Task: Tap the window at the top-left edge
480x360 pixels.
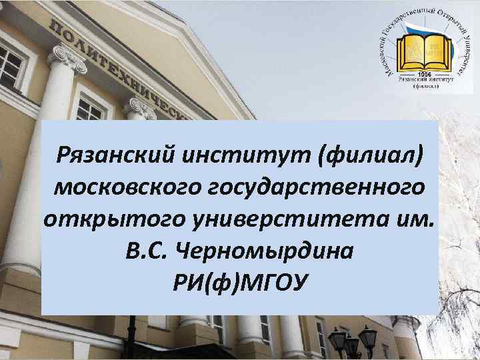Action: point(11,63)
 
